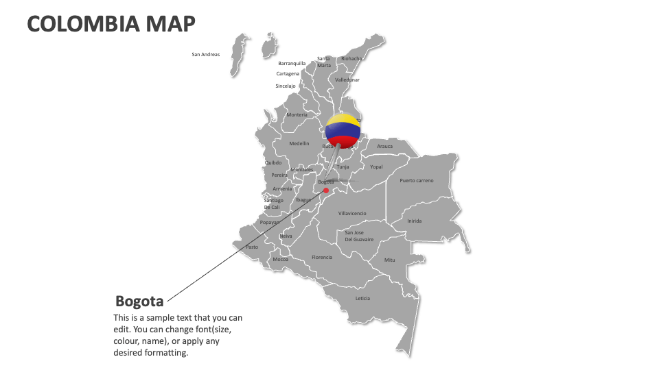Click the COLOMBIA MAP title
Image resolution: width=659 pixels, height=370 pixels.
tap(111, 24)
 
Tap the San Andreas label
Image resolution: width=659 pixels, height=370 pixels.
tap(205, 54)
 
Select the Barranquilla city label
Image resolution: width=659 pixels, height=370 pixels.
tap(292, 63)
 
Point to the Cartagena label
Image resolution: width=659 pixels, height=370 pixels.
tap(288, 73)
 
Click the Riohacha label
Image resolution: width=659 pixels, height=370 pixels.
tap(351, 59)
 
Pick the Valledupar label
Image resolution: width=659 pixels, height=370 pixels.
tap(347, 79)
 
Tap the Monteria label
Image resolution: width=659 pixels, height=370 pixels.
tap(297, 114)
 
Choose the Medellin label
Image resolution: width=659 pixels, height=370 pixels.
tap(299, 143)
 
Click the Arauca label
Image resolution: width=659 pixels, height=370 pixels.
tap(385, 146)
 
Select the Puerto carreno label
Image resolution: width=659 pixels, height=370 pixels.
tap(417, 180)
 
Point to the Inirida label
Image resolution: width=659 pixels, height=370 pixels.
tap(415, 221)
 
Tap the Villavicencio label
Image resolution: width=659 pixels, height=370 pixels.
tap(352, 213)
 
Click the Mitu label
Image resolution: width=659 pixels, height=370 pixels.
tap(390, 260)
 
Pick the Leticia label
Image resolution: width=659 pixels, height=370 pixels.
tap(362, 298)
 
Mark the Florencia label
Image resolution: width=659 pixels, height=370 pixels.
tap(322, 257)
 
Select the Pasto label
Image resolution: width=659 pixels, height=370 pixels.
tap(252, 247)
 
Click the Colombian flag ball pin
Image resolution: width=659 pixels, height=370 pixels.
tap(343, 130)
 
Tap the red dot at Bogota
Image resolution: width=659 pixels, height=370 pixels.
tap(326, 191)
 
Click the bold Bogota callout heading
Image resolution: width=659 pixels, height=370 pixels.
tap(139, 301)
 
